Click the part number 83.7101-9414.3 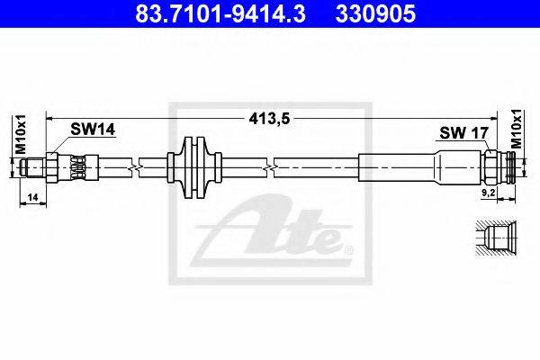click(220, 13)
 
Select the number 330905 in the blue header click(375, 13)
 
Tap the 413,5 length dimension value click(270, 119)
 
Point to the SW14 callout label click(93, 130)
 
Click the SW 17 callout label click(463, 132)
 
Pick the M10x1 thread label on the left click(21, 134)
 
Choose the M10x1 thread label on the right click(517, 130)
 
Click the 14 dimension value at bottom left click(32, 197)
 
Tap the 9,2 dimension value click(488, 193)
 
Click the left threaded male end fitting click(33, 167)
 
